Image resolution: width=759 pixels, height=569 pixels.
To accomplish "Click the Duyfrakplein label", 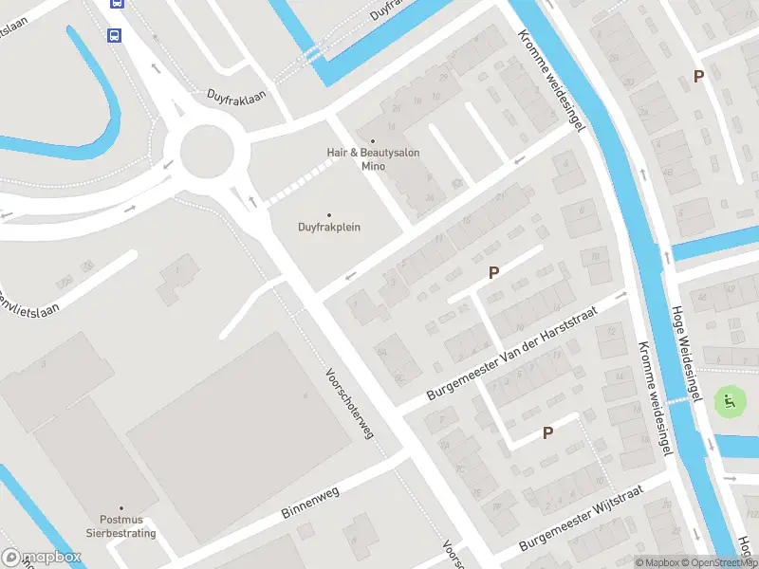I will click(329, 228).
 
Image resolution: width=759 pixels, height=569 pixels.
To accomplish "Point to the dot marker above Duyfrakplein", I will click(329, 215).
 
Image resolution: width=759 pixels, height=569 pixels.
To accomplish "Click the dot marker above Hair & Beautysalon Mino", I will click(373, 140).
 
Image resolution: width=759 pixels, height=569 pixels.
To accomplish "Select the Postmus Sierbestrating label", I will click(127, 526).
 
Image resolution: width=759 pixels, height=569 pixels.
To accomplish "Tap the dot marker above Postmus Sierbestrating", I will click(120, 508).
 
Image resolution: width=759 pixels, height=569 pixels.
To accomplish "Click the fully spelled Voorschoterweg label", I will click(349, 403).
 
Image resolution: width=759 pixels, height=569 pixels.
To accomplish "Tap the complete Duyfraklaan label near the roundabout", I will click(237, 96).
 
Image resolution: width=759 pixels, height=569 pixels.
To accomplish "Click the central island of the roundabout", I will click(206, 152).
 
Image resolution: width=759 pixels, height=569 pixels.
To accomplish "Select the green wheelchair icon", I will click(730, 401).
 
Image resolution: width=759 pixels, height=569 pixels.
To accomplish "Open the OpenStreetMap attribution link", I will click(719, 562).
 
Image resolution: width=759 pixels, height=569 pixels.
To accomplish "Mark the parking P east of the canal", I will click(699, 77).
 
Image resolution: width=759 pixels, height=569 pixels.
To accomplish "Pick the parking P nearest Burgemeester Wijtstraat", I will click(547, 432).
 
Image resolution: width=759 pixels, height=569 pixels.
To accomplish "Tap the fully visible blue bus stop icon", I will click(114, 35).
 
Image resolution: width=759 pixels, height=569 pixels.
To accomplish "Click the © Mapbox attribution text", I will click(657, 562).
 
